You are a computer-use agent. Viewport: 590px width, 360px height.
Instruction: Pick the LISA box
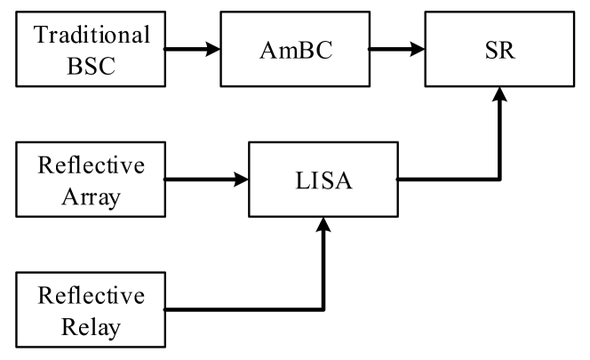325,180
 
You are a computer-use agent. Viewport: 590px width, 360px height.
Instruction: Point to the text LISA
325,180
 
